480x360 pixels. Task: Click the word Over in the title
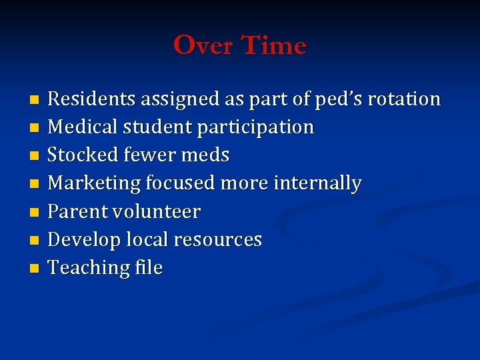pyautogui.click(x=203, y=46)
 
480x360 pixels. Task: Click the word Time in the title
pyautogui.click(x=273, y=46)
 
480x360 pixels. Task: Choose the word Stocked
pyautogui.click(x=83, y=155)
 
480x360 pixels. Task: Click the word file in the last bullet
pyautogui.click(x=149, y=268)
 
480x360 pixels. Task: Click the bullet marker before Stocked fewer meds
pyautogui.click(x=35, y=156)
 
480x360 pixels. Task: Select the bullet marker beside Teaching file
pyautogui.click(x=35, y=269)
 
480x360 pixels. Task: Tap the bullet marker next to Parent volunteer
pyautogui.click(x=35, y=213)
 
